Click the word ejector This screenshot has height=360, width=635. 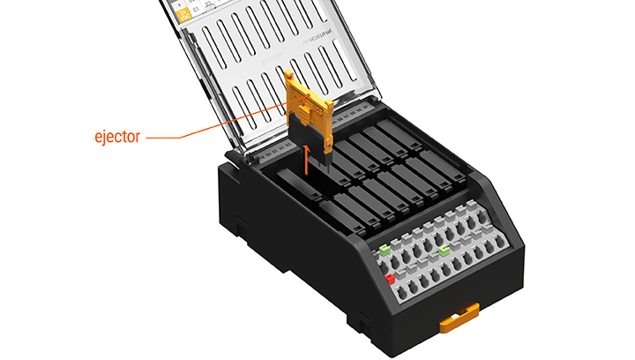tap(117, 138)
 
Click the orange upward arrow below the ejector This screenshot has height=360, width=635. tap(307, 160)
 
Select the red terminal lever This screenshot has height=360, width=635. tap(389, 280)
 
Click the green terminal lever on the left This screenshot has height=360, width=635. tap(385, 252)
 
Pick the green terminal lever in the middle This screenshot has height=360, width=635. tap(444, 252)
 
